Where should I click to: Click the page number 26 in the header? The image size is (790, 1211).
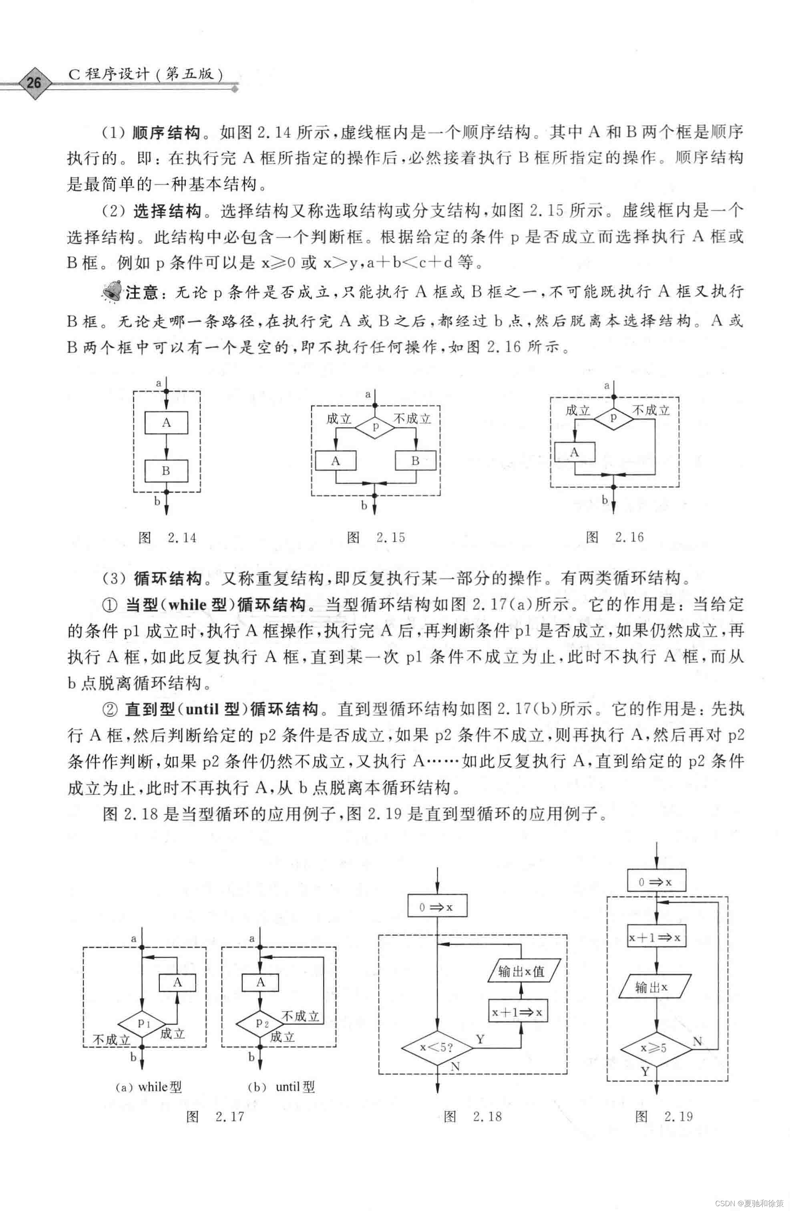(34, 82)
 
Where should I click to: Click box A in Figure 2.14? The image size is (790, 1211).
(166, 422)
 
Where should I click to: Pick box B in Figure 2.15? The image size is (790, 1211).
(415, 461)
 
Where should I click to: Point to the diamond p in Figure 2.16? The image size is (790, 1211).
(613, 418)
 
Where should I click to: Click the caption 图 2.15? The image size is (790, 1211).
(376, 537)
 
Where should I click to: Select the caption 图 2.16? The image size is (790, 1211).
(615, 537)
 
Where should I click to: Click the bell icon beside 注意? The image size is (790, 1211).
(112, 292)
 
